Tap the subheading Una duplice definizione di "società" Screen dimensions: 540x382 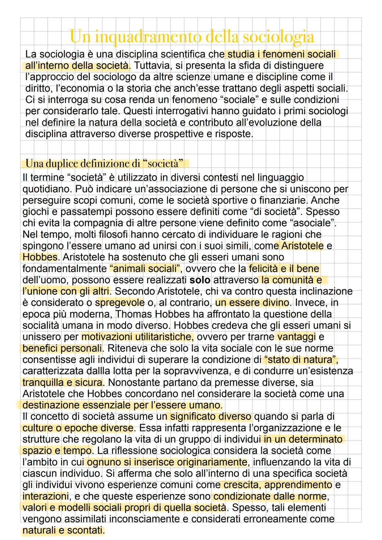105,164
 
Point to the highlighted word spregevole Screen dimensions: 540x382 120,303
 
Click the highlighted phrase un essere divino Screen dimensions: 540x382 252,303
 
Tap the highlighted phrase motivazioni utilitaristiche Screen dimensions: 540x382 137,337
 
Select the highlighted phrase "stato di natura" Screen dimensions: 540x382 301,360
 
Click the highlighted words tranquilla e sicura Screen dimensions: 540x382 63,382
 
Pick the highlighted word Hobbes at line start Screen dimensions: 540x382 40,257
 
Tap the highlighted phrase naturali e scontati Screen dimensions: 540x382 63,530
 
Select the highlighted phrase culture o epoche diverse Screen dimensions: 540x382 78,428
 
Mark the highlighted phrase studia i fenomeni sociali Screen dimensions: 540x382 281,54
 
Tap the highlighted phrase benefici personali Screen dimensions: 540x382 62,348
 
